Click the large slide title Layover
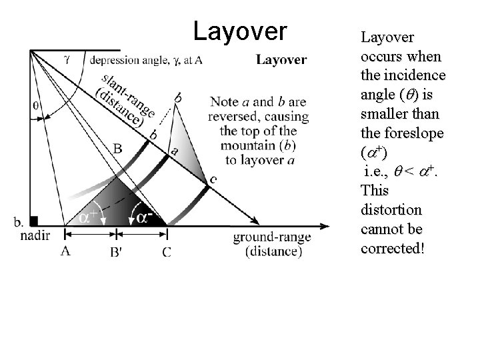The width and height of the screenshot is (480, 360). [240, 30]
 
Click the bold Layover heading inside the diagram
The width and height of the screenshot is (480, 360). [281, 60]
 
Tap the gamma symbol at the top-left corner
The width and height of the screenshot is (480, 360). [67, 59]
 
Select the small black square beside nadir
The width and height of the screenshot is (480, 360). [35, 221]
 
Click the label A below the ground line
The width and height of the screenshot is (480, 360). [65, 251]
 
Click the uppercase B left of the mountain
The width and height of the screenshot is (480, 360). [117, 148]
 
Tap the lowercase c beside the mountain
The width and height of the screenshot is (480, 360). [213, 179]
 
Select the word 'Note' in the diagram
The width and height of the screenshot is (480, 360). [224, 102]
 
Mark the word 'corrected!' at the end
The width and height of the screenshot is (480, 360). [391, 248]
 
